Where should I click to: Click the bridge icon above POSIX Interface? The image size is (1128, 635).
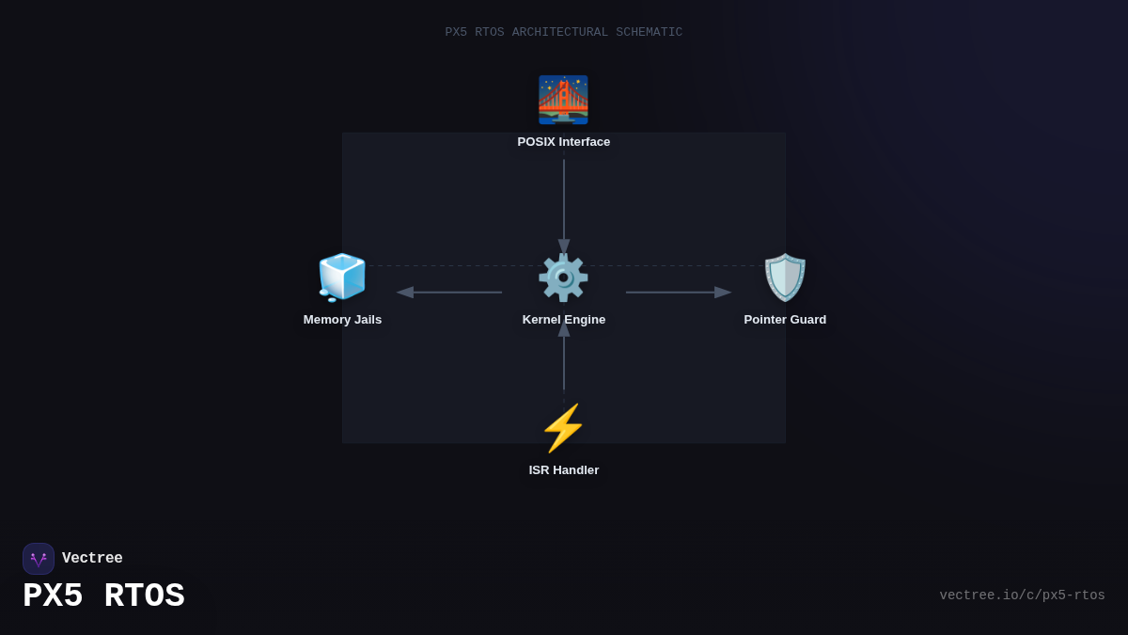click(x=563, y=100)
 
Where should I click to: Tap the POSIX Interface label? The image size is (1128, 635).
click(x=563, y=142)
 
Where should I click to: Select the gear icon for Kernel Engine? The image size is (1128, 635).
click(x=563, y=278)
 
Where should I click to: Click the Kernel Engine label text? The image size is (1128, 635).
click(x=563, y=320)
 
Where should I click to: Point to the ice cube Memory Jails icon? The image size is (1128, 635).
click(x=342, y=278)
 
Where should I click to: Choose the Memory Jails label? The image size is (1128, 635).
click(x=342, y=320)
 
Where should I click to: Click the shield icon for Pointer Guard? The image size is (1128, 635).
click(x=785, y=278)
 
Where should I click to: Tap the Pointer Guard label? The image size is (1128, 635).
click(x=785, y=320)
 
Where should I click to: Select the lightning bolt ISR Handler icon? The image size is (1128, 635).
click(x=563, y=428)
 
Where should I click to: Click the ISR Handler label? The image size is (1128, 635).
click(x=563, y=470)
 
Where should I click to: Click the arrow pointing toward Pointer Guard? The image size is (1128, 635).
click(x=678, y=293)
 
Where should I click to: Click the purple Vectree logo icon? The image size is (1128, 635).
click(x=39, y=559)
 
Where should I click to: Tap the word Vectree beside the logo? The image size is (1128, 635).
click(x=92, y=559)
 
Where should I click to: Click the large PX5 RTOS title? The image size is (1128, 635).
click(x=103, y=596)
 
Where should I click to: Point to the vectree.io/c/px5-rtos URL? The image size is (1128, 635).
click(x=1022, y=595)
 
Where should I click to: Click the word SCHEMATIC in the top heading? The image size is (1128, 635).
click(x=649, y=32)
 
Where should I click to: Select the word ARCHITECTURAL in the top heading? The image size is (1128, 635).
click(x=559, y=32)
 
